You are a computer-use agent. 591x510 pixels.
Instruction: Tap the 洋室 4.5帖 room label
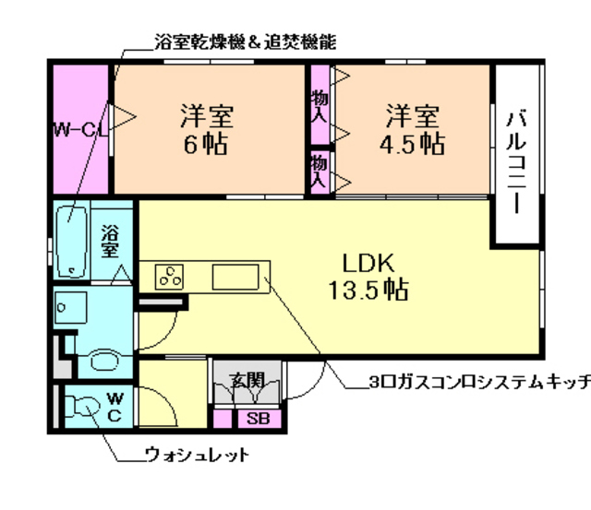pyautogui.click(x=413, y=130)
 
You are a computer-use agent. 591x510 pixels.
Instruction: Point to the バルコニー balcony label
pyautogui.click(x=517, y=162)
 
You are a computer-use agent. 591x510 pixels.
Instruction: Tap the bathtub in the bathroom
pyautogui.click(x=70, y=242)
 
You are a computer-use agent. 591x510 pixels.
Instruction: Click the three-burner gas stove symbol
pyautogui.click(x=170, y=275)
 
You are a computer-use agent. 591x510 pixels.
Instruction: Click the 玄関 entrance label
pyautogui.click(x=246, y=378)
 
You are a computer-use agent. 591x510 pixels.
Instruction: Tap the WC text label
pyautogui.click(x=114, y=407)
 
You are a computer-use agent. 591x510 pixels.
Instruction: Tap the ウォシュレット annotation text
pyautogui.click(x=197, y=455)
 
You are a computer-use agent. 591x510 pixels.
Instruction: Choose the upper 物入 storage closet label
pyautogui.click(x=319, y=106)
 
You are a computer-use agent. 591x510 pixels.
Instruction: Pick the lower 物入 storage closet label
pyautogui.click(x=319, y=171)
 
